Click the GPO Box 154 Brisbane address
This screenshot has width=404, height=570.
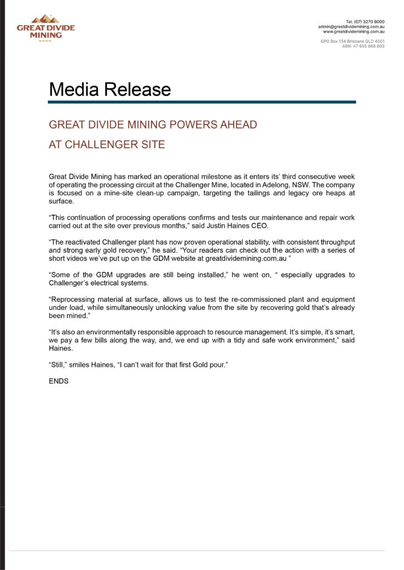352,41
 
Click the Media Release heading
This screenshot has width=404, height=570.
110,89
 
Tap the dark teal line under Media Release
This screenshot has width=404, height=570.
202,102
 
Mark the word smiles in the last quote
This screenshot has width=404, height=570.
82,365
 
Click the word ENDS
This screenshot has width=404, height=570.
59,381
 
